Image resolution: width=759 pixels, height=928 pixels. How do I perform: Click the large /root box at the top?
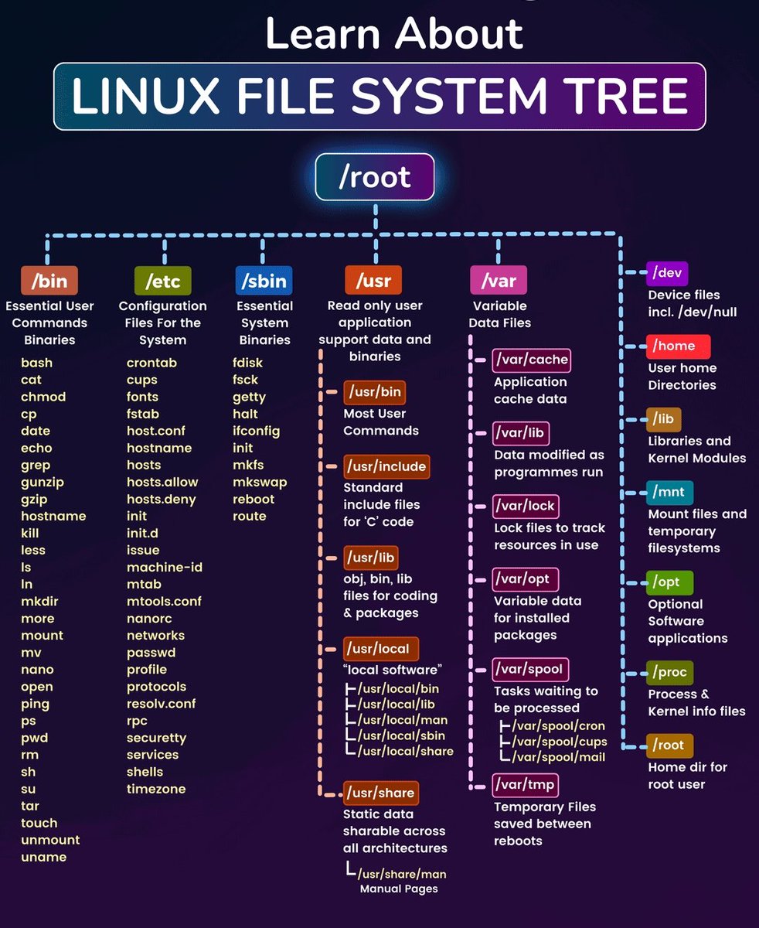coord(375,177)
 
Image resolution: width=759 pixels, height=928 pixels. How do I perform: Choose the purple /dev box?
coord(666,273)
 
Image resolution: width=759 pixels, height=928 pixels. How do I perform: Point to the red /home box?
coord(678,346)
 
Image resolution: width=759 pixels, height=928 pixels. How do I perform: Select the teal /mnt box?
coord(670,492)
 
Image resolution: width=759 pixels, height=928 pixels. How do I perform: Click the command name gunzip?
coord(43,482)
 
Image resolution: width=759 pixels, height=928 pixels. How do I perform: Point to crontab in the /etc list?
coord(151,363)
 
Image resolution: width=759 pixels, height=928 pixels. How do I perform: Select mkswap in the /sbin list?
coord(260,482)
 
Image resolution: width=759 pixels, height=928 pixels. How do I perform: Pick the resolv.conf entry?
coord(162,704)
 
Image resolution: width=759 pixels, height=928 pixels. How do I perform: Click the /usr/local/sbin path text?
coord(401,735)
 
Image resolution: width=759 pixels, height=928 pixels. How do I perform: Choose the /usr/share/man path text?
coord(401,874)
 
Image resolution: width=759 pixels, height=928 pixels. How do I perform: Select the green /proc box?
coord(669,672)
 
